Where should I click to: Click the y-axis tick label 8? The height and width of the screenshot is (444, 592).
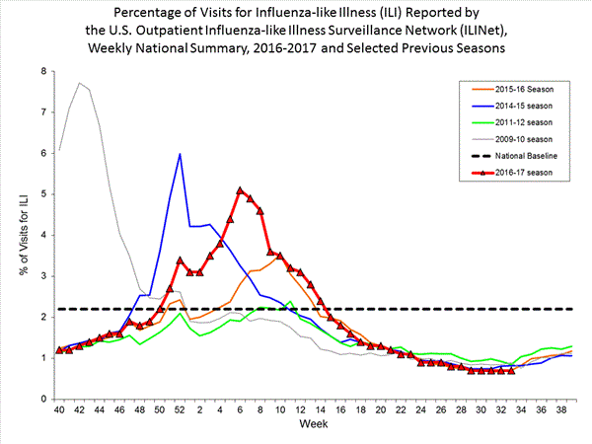click(42, 72)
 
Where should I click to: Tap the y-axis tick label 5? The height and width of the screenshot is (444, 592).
click(42, 194)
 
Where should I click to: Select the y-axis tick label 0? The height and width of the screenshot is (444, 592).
click(42, 399)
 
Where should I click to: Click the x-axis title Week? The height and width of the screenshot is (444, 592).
click(316, 425)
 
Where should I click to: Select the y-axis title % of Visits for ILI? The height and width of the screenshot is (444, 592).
click(16, 235)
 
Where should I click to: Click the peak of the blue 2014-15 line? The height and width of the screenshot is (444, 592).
click(180, 154)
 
